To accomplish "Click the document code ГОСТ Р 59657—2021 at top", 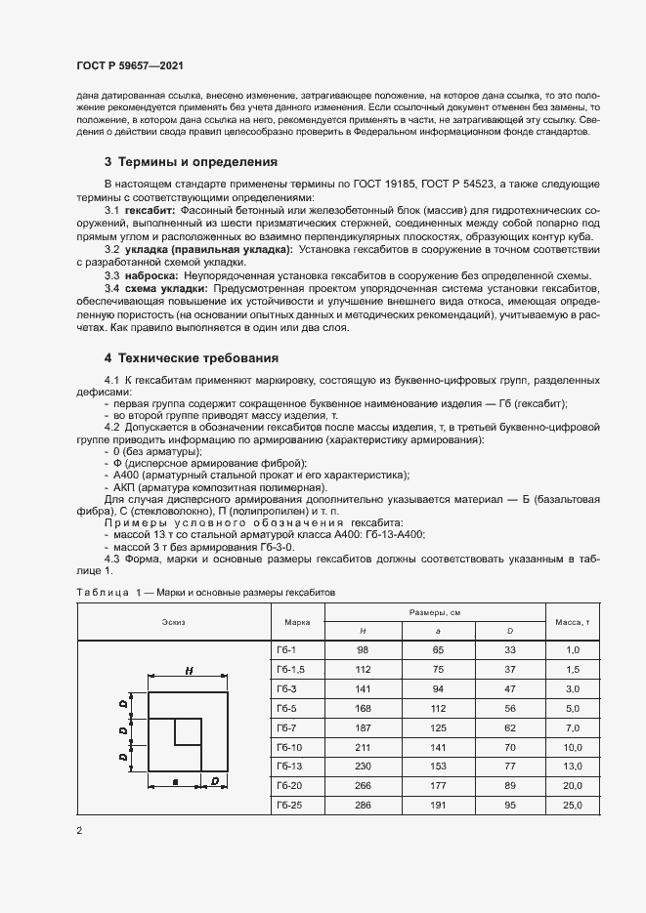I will point(130,65).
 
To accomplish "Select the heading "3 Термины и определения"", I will point(191,161).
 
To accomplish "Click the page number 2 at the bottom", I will point(79,830).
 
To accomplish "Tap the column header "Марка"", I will point(297,621).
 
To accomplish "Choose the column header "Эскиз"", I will point(173,621).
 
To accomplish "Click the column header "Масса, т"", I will point(572,621).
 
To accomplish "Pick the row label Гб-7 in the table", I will point(286,728).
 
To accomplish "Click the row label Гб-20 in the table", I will point(288,786).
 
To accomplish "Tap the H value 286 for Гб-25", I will point(363,806).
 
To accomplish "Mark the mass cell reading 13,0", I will point(572,767).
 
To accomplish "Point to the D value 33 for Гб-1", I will point(509,650).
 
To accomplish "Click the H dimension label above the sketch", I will point(187,671).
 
